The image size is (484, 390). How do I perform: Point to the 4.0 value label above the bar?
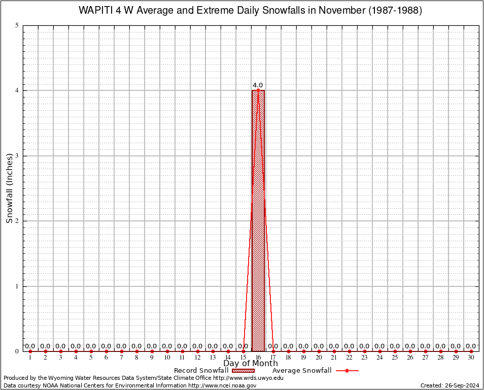point(258,85)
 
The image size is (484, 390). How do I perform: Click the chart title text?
point(250,11)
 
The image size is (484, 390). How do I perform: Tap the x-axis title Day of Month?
point(251,363)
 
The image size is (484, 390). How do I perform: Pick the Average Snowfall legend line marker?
point(347,371)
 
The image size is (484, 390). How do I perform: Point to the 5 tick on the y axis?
point(17,25)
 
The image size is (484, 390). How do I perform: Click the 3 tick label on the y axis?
point(17,156)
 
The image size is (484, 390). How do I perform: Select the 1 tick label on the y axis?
point(17,286)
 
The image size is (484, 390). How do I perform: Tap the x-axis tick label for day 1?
point(30,358)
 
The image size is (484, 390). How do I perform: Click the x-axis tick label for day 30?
point(471,358)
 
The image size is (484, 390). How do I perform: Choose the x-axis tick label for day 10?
point(167,358)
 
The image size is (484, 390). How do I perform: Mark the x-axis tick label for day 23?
point(364,358)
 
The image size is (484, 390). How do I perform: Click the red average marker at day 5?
point(91,351)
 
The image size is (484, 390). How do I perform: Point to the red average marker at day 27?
point(425,351)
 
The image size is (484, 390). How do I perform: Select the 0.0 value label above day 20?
point(319,346)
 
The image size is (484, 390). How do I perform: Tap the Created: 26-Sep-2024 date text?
point(450,385)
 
